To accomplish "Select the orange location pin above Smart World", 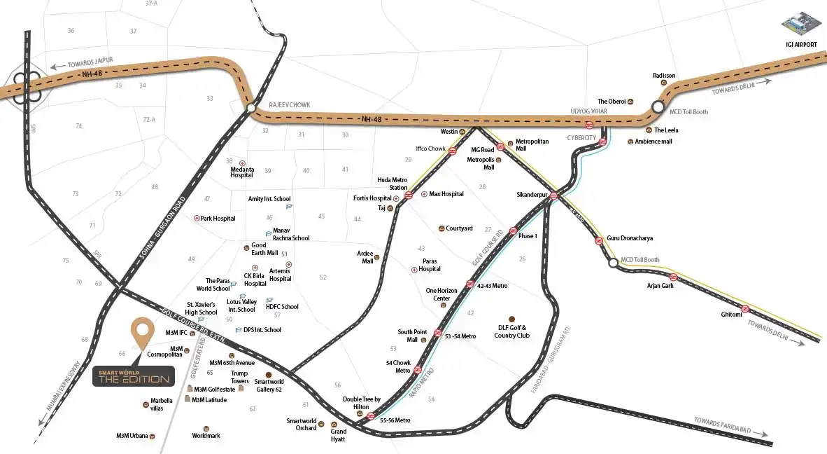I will point(143,333).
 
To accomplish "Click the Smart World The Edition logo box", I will point(133,376).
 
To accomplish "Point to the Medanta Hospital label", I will point(241,171).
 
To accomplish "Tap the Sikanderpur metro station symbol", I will point(553,196).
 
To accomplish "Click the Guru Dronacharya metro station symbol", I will point(599,240).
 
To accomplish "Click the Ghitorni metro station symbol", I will point(746,308).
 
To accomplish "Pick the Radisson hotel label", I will point(664,75).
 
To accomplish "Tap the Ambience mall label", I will point(653,142).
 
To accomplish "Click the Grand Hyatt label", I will point(339,432).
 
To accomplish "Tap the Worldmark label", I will point(206,436).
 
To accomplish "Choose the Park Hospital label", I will point(218,219).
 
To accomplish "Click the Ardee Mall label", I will point(365,257).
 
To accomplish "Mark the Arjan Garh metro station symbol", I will point(673,277).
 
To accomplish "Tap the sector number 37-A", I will point(151,4).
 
